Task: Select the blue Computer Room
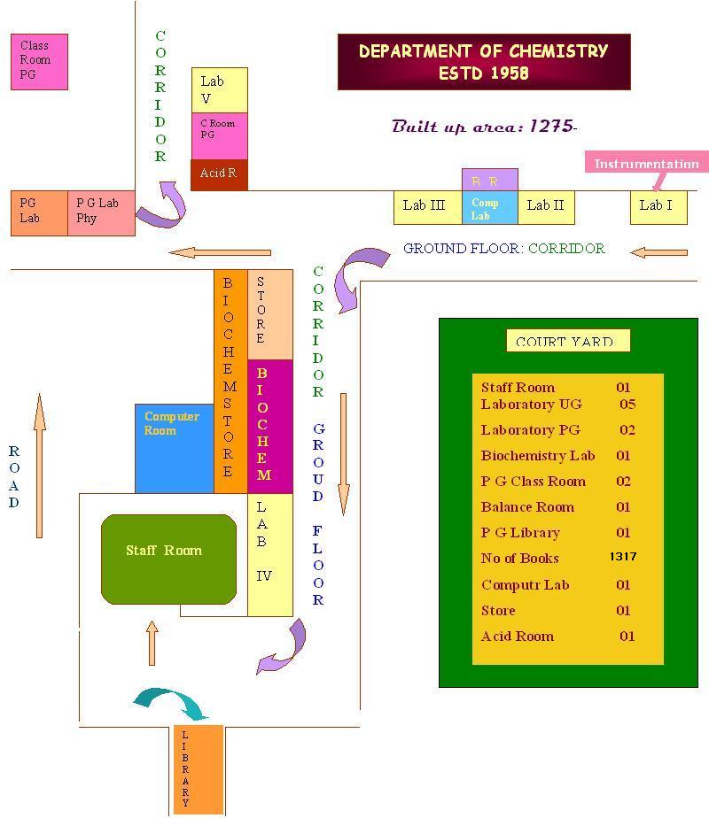[174, 448]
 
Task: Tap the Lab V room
[219, 89]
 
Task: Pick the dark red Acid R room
[219, 174]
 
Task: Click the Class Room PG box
[39, 61]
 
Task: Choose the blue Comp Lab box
[489, 209]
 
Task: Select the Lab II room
[546, 206]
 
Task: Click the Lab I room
[658, 206]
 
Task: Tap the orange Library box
[198, 768]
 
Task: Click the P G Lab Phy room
[101, 212]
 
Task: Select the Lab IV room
[269, 554]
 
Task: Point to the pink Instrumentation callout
[646, 164]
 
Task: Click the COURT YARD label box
[567, 341]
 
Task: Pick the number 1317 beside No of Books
[623, 557]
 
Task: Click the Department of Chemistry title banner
[484, 62]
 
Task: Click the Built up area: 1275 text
[484, 127]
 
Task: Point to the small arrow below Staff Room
[152, 644]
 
